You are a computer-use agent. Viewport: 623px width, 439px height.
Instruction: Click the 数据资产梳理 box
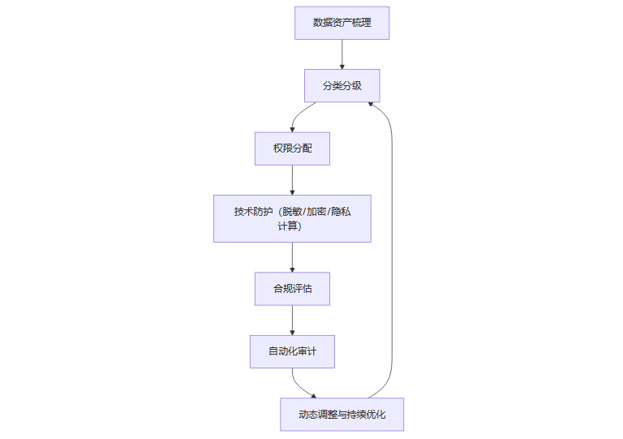pyautogui.click(x=342, y=23)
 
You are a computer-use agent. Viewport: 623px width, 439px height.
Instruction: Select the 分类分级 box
pyautogui.click(x=342, y=85)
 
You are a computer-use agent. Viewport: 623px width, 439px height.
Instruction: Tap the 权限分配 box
pyautogui.click(x=292, y=148)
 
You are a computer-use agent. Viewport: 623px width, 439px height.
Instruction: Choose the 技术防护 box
pyautogui.click(x=292, y=218)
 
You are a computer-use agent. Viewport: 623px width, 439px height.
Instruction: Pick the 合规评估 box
pyautogui.click(x=292, y=288)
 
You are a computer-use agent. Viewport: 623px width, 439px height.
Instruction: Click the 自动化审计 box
pyautogui.click(x=292, y=351)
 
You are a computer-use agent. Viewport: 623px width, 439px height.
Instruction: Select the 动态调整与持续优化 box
pyautogui.click(x=342, y=415)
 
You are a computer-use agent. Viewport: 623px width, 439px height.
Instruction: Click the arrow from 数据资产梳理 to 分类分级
pyautogui.click(x=342, y=54)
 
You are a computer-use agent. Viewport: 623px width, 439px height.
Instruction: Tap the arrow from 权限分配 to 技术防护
pyautogui.click(x=292, y=179)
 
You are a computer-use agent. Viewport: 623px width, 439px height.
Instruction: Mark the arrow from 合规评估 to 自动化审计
pyautogui.click(x=292, y=319)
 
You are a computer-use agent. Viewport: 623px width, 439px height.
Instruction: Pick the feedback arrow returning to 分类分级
pyautogui.click(x=393, y=243)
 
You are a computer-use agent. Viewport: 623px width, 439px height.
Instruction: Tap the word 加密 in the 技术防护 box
pyautogui.click(x=319, y=212)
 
